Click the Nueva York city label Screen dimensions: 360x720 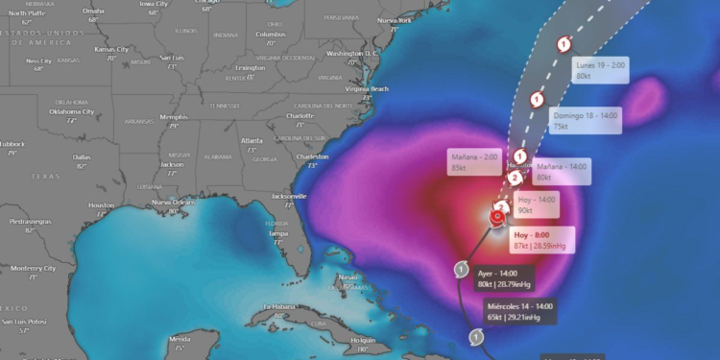(x=394, y=20)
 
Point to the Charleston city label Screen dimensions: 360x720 (x=312, y=156)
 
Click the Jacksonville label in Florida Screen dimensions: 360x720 (x=288, y=195)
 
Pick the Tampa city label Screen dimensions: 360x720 (x=279, y=233)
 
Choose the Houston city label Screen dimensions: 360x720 (x=101, y=205)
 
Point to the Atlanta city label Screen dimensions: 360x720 (x=252, y=139)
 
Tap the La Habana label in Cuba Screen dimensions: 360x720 (x=276, y=307)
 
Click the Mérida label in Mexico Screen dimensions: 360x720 (x=180, y=339)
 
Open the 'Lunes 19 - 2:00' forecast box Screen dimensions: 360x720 (x=601, y=70)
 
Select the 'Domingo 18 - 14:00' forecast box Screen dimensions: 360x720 (x=586, y=119)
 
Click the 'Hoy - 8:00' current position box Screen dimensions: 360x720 (x=542, y=240)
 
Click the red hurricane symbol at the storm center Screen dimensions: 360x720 (x=496, y=219)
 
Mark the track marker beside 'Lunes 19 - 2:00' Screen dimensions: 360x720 (x=564, y=42)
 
